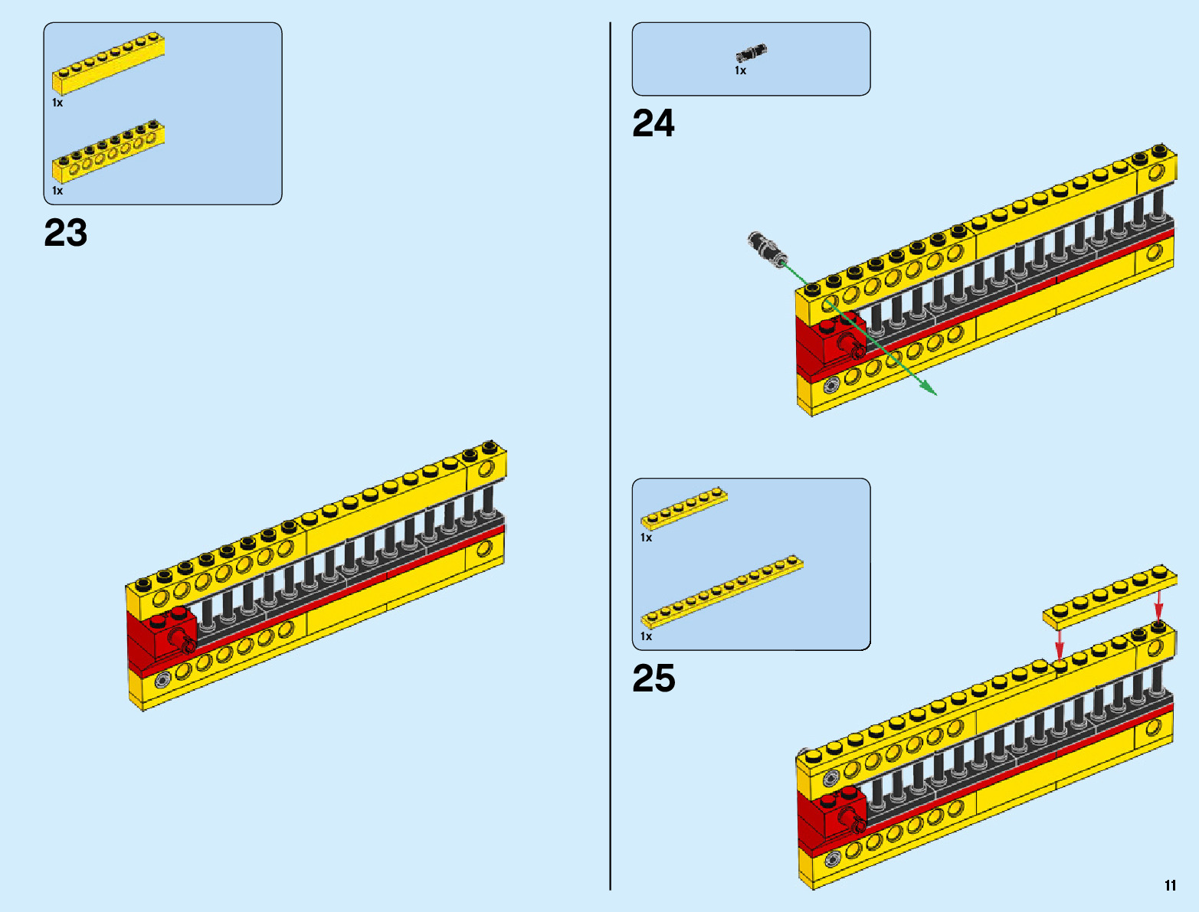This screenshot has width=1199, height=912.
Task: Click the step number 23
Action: pos(66,233)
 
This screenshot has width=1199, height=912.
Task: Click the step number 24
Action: pos(654,123)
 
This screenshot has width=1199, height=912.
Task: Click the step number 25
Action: pos(654,678)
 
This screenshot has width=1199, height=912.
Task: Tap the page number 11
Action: pos(1170,885)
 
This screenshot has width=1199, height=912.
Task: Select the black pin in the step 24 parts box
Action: pos(751,54)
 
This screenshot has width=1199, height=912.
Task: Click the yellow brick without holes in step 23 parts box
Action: pos(109,64)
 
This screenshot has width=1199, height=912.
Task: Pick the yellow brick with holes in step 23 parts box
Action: pos(109,152)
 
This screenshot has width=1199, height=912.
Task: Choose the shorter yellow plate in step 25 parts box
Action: pos(684,508)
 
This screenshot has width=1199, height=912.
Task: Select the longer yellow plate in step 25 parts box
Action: pos(722,592)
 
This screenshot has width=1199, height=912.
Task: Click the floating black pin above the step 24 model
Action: pos(767,250)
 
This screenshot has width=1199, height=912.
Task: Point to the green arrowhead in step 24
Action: pos(929,388)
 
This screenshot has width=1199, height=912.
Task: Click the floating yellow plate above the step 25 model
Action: pos(1110,597)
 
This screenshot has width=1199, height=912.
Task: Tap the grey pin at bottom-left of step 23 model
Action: pos(162,681)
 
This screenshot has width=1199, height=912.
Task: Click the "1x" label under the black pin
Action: pos(740,71)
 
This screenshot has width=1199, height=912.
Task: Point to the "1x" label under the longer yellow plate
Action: pos(646,636)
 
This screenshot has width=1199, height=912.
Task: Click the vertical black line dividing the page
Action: pos(610,456)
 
